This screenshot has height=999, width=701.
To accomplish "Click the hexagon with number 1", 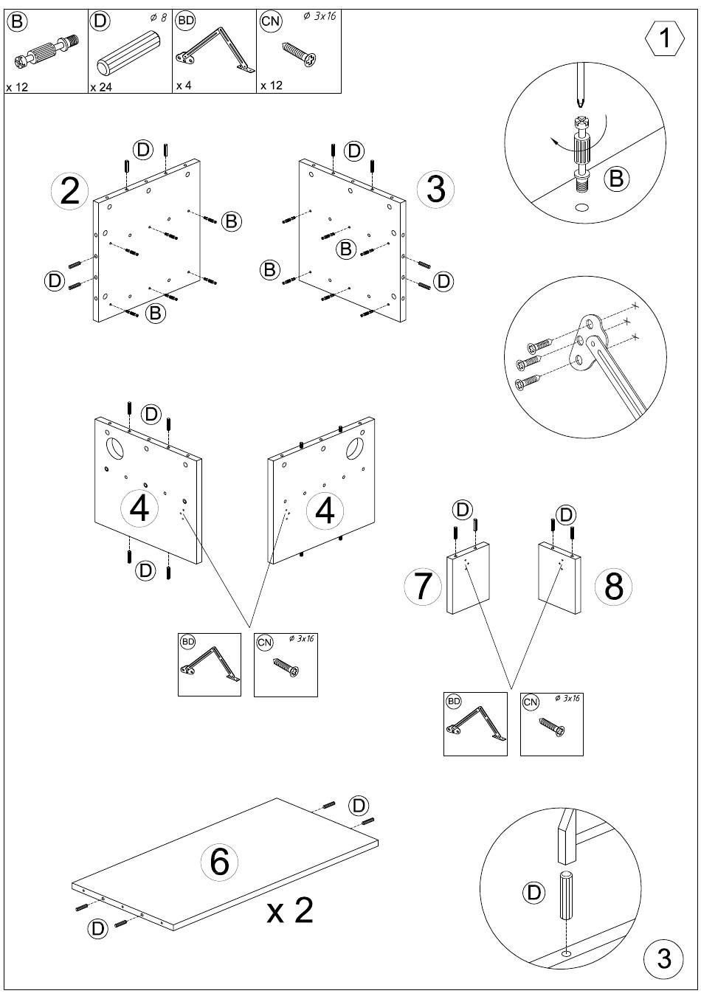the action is [x=664, y=38].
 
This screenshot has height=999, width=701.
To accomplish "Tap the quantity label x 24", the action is [x=101, y=87].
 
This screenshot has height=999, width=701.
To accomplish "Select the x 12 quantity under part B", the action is [x=17, y=87].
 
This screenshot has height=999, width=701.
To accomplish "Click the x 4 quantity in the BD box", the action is [x=184, y=85].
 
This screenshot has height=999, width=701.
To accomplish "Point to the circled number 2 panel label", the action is [x=69, y=191].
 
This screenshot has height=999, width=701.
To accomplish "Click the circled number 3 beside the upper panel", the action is [x=435, y=189].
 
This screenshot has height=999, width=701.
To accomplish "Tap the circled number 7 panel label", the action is [x=423, y=587].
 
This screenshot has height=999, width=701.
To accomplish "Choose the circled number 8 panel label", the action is [x=613, y=587].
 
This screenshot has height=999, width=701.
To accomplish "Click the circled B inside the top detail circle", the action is [x=616, y=179].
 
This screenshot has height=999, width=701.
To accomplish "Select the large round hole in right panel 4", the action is [x=355, y=448].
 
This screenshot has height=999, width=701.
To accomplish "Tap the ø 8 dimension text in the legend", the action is [x=158, y=18].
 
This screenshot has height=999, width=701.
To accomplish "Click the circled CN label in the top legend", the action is [x=271, y=21].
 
